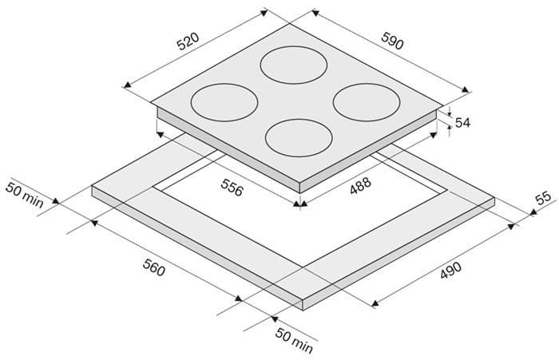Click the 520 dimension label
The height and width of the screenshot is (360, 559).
point(188,42)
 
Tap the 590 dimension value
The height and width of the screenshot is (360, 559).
point(393,41)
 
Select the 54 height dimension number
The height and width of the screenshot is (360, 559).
point(462,123)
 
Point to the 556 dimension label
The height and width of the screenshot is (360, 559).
point(232,187)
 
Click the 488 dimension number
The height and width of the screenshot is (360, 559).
point(360,186)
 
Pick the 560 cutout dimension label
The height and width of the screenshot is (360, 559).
point(154,267)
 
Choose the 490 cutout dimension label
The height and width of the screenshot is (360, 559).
point(450,270)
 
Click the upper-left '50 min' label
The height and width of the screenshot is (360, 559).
point(24,196)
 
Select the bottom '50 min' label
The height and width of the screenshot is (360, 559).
point(294,340)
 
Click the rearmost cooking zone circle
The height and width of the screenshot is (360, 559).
point(294,65)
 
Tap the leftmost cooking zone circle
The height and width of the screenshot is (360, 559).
point(224,103)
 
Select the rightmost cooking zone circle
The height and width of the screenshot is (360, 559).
point(367,102)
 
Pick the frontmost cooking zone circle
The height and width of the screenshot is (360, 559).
point(299,138)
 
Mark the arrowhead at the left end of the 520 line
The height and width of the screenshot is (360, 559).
point(127,85)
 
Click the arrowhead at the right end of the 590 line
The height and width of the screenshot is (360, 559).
point(466,89)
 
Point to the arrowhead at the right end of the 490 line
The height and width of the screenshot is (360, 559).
point(512,227)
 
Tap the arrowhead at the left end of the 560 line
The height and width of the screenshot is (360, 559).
point(94,223)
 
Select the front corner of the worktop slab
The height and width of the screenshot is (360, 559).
point(303,299)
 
